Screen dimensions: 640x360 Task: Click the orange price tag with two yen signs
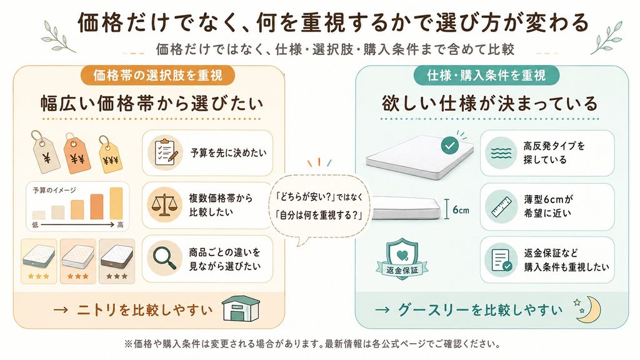click(x=77, y=154)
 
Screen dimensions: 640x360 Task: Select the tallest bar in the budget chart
click(x=116, y=203)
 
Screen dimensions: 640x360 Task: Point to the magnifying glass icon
click(x=165, y=258)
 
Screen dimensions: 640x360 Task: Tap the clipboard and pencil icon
click(x=165, y=152)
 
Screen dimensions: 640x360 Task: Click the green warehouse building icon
click(x=241, y=309)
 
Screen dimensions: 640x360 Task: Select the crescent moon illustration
click(x=591, y=309)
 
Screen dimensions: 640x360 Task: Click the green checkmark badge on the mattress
click(x=450, y=145)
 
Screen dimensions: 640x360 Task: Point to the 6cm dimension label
click(x=461, y=210)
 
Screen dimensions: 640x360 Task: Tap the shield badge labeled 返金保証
click(x=402, y=259)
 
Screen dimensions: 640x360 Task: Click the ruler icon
click(x=501, y=206)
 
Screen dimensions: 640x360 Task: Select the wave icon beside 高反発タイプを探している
click(x=501, y=152)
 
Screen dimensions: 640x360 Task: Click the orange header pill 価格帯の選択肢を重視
click(x=157, y=76)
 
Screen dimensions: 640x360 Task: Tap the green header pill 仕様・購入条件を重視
click(x=486, y=76)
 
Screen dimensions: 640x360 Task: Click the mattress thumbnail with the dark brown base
click(x=117, y=261)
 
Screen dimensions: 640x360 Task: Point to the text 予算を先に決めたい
click(x=229, y=153)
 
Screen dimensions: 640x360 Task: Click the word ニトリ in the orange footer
click(x=96, y=310)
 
